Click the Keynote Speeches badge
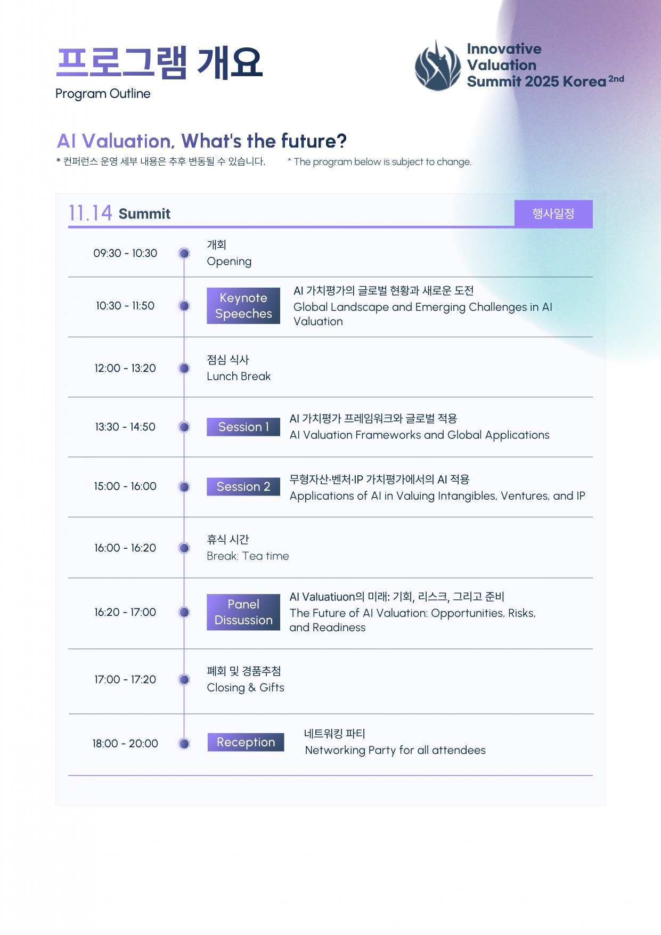243,306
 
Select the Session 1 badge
243,427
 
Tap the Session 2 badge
243,486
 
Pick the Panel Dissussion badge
243,612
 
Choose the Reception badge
246,742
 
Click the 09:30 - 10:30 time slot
125,253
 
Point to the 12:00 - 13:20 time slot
125,368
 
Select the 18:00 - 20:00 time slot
125,743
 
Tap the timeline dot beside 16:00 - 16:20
184,548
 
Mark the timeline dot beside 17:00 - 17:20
184,679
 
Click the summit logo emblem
438,65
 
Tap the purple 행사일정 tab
553,214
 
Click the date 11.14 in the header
90,213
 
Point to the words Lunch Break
239,376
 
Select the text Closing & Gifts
246,688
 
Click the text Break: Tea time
248,556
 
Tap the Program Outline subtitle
103,94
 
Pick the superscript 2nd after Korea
616,79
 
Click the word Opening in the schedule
229,262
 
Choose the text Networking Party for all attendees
395,750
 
